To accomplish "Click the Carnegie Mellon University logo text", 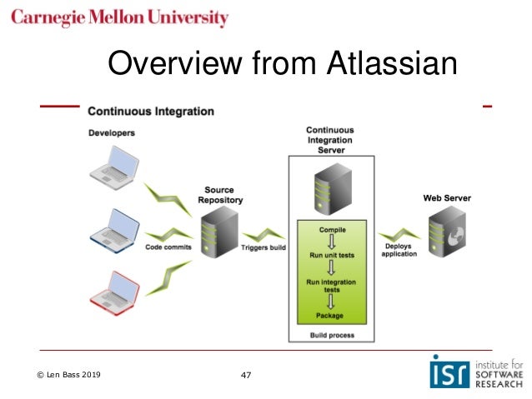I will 120,17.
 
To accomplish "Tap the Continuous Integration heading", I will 150,111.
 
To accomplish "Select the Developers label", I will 112,132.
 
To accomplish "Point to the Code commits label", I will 169,247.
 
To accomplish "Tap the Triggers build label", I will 264,247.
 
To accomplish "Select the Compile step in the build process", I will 332,228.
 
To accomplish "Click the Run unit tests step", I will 332,255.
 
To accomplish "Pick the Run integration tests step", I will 332,286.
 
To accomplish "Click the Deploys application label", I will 399,250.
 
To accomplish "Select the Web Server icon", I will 447,235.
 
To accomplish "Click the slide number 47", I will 245,376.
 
